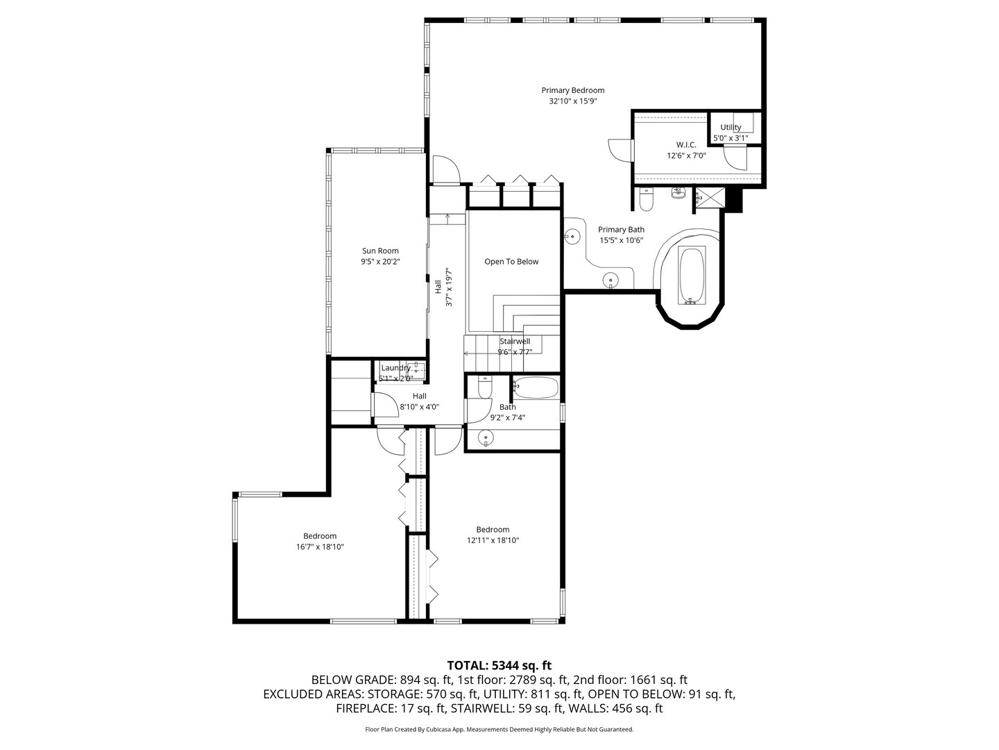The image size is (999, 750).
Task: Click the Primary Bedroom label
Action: [x=572, y=90]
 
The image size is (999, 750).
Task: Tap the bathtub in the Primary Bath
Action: [x=690, y=276]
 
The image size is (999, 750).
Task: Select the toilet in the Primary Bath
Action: [x=646, y=201]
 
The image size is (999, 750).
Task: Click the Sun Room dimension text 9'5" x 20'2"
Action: [x=380, y=262]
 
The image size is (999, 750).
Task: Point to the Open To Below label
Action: [x=511, y=262]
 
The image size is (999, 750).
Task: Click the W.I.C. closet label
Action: [x=676, y=144]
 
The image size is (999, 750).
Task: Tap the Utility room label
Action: [x=731, y=127]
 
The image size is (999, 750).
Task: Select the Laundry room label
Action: [x=395, y=367]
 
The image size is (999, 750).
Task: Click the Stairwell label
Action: [x=515, y=341]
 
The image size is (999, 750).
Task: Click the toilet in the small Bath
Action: [x=485, y=387]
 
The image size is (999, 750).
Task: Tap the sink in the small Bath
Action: [x=486, y=439]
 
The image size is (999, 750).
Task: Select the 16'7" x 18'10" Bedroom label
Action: [x=320, y=535]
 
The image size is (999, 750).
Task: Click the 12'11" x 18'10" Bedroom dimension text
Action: [x=493, y=540]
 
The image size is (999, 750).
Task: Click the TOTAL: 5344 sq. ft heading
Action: [x=499, y=665]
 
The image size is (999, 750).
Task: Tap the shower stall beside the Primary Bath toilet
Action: [x=708, y=198]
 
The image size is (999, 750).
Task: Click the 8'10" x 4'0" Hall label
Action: [x=419, y=407]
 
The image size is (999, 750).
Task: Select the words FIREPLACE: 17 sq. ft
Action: [x=390, y=708]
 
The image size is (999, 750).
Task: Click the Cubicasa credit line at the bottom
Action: [x=499, y=730]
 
